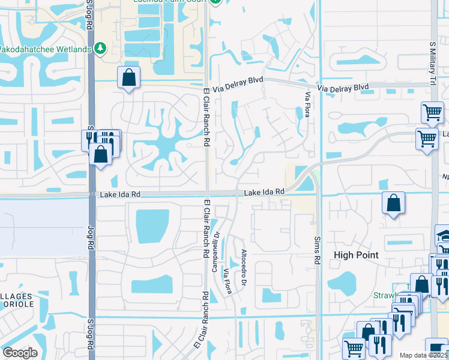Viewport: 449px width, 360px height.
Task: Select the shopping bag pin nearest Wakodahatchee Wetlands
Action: coord(129,77)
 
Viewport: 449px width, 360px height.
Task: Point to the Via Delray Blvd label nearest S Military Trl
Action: coord(343,88)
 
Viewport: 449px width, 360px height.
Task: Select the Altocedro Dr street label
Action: coord(244,268)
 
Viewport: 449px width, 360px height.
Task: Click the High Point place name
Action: coord(356,255)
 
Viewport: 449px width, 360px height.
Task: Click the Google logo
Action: coord(20,353)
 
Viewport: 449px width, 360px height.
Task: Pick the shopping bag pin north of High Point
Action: coord(393,203)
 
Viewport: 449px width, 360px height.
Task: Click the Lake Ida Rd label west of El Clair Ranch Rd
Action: coord(120,194)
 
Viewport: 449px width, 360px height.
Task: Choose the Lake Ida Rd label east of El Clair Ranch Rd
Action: coord(264,192)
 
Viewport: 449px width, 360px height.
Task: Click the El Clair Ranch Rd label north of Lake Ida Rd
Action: coord(205,118)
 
